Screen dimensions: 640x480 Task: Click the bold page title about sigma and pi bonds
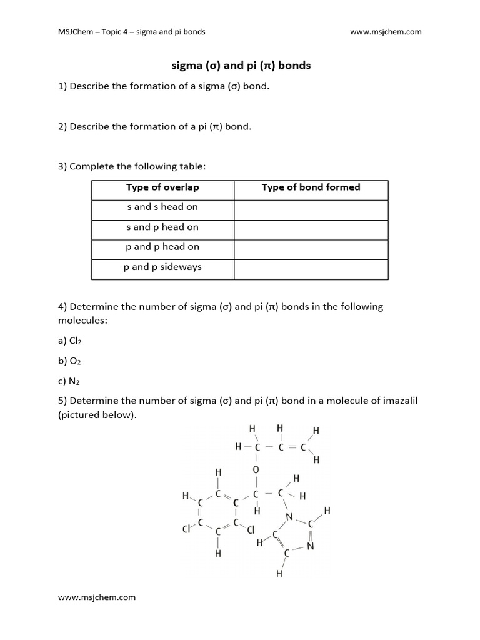[x=241, y=65]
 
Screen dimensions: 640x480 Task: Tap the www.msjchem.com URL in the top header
[x=386, y=32]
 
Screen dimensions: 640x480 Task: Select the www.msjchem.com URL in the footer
[x=97, y=597]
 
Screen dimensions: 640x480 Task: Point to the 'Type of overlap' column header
[x=162, y=187]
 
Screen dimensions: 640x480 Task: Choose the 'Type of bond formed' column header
[x=311, y=187]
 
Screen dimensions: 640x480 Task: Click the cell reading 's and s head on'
[x=162, y=207]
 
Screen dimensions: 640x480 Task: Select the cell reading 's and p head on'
[x=162, y=227]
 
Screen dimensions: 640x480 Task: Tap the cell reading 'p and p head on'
[x=162, y=247]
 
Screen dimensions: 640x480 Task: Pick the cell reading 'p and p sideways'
[x=162, y=267]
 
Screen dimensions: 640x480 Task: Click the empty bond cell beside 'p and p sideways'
[x=311, y=269]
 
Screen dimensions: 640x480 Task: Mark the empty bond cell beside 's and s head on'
[x=311, y=210]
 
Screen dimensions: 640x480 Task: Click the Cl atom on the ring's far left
[x=186, y=529]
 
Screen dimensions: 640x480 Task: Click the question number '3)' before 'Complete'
[x=62, y=167]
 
